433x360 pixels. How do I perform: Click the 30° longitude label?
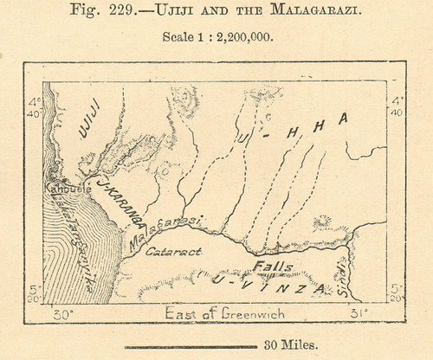click(x=61, y=312)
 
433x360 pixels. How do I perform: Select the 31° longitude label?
click(x=359, y=312)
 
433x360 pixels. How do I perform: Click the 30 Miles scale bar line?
click(x=182, y=345)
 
